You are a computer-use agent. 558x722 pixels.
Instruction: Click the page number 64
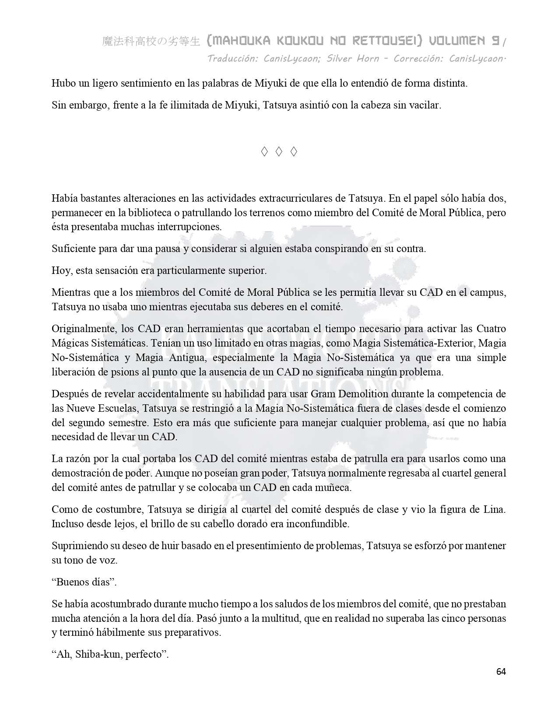501,672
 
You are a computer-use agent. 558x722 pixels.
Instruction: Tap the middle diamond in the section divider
279,152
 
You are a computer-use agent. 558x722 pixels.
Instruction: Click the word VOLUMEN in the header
457,41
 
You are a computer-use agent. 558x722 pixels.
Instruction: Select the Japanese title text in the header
151,42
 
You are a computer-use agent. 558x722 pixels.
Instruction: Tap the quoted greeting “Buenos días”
84,582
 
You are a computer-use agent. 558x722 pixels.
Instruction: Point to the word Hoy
61,270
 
